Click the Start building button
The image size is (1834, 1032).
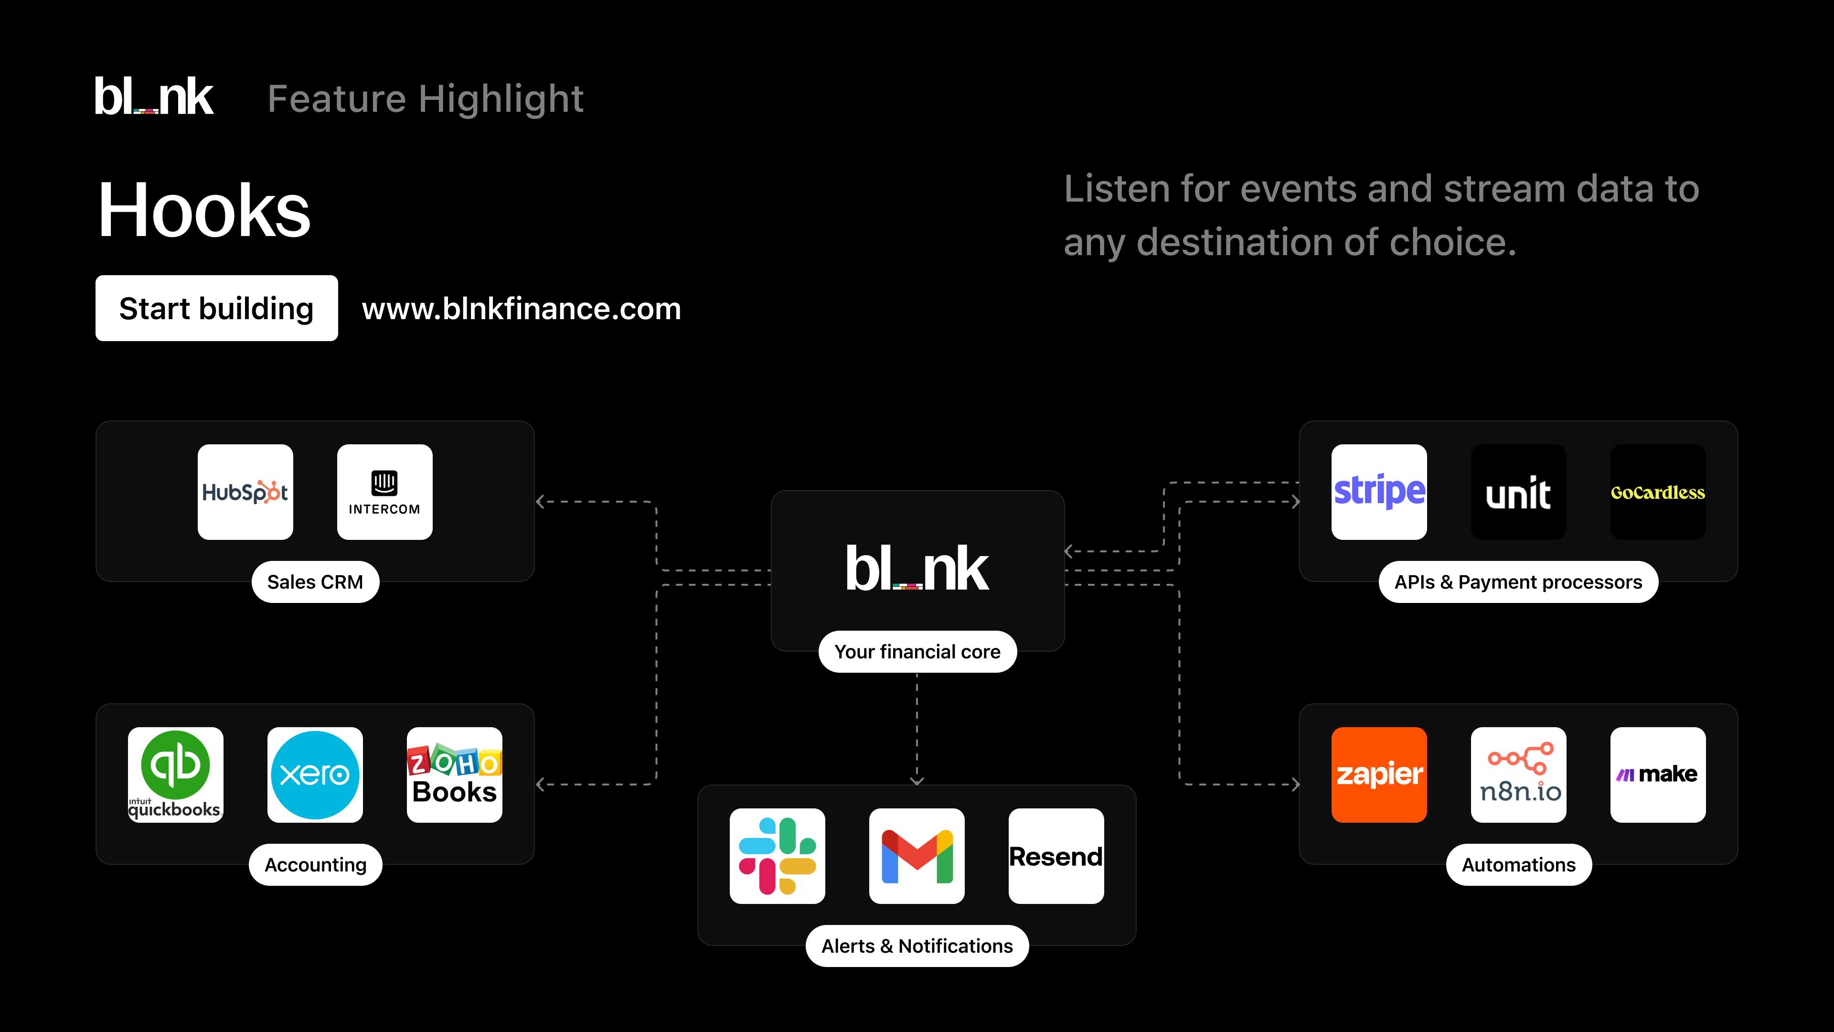(216, 308)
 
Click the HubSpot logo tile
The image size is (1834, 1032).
(245, 492)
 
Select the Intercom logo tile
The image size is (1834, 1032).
(384, 492)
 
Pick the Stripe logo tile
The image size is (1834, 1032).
(1379, 492)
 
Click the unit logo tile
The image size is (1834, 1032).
(1519, 492)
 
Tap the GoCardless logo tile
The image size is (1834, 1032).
(1658, 492)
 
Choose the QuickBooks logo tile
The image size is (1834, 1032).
(175, 775)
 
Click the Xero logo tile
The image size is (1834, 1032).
(315, 775)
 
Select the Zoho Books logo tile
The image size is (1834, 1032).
(454, 775)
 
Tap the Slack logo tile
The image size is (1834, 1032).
(778, 856)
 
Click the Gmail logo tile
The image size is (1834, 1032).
(917, 856)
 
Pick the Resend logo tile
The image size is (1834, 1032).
(1056, 856)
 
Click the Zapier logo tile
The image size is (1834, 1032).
(1379, 775)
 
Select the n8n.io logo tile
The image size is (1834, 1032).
(1519, 775)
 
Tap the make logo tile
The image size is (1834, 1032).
(1658, 775)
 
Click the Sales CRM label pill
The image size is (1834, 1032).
(315, 582)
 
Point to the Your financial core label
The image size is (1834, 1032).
(917, 652)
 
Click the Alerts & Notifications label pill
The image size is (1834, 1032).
(917, 946)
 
